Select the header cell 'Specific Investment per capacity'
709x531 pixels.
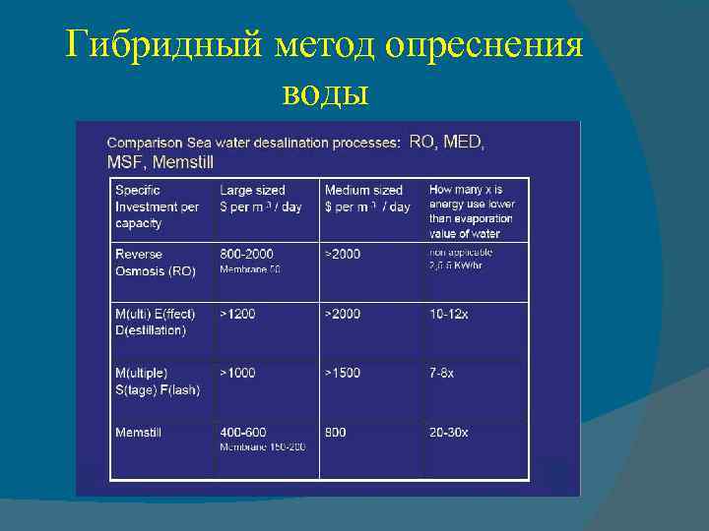point(157,206)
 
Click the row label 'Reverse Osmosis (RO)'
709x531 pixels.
point(156,262)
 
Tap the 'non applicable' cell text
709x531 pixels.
point(461,253)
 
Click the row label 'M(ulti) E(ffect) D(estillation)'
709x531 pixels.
point(156,322)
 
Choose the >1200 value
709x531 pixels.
point(237,314)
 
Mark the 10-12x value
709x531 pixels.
point(449,314)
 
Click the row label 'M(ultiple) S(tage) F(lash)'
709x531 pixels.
point(158,382)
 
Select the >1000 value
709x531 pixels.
point(237,374)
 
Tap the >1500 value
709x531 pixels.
point(343,374)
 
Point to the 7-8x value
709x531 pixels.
point(442,374)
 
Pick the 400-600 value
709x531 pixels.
point(244,433)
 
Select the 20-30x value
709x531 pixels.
point(449,433)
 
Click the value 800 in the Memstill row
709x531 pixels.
point(336,433)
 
